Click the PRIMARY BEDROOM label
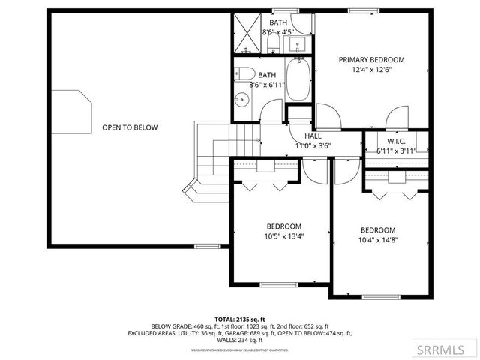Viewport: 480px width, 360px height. [x=371, y=60]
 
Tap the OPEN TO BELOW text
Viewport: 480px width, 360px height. [x=130, y=127]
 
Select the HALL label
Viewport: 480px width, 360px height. [x=313, y=136]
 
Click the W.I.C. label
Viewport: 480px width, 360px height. [x=396, y=141]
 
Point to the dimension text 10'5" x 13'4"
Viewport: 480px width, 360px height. [x=283, y=236]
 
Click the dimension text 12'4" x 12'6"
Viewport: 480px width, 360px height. [x=371, y=70]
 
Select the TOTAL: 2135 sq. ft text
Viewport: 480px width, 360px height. [x=240, y=319]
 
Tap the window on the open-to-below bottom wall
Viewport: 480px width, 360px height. [x=208, y=246]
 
